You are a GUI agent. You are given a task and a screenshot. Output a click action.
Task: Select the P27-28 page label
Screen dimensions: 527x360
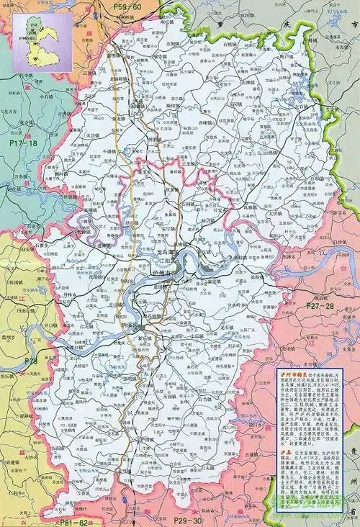point(320,306)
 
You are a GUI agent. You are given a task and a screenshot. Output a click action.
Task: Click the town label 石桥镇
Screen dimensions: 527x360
point(231,43)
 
